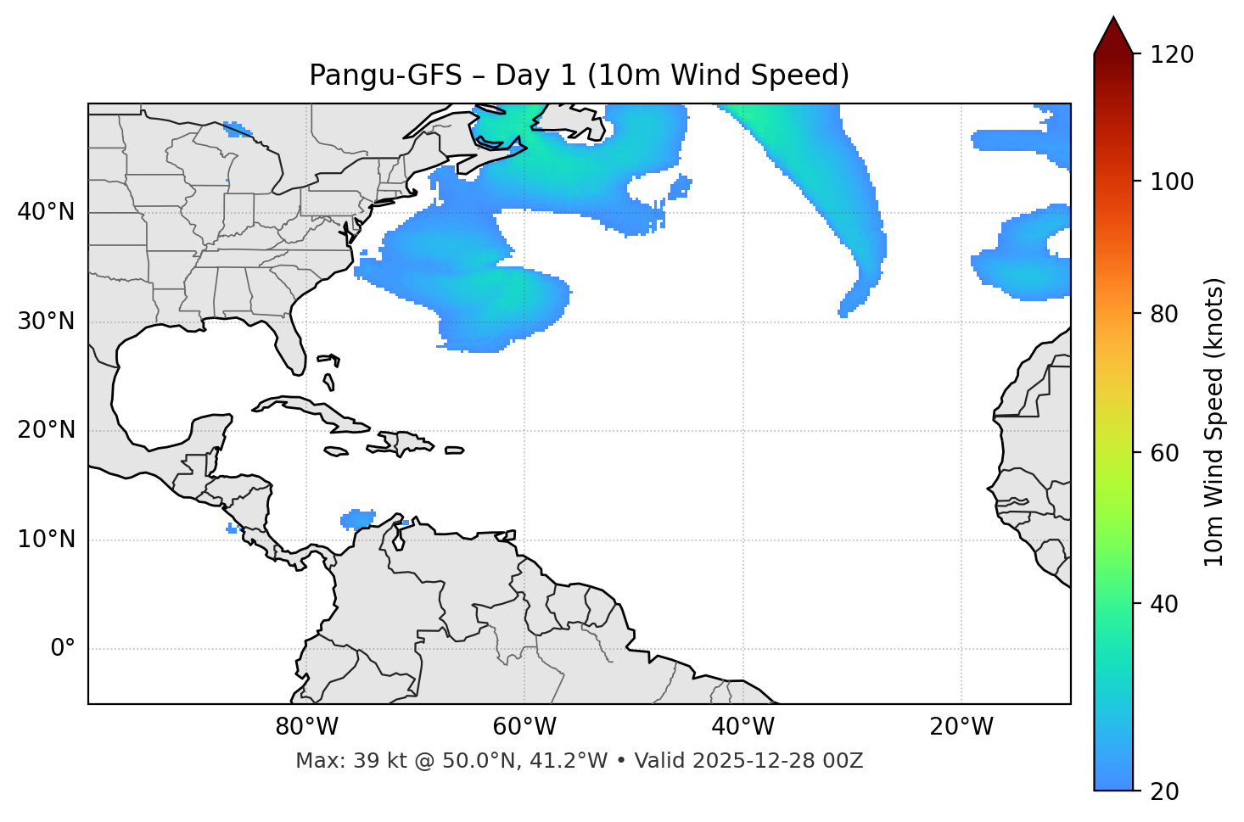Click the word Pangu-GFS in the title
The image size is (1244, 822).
[x=385, y=75]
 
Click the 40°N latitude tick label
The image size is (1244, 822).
[x=46, y=212]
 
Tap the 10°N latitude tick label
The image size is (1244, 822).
[x=46, y=540]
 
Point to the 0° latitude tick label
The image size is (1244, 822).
[x=62, y=649]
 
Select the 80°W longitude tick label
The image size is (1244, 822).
[x=306, y=727]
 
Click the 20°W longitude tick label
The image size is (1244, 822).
[x=961, y=727]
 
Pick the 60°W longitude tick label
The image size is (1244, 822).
[x=524, y=727]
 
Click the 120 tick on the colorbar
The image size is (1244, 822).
[x=1172, y=55]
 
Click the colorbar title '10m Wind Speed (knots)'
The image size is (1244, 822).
[x=1214, y=422]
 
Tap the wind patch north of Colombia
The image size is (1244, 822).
[x=357, y=518]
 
